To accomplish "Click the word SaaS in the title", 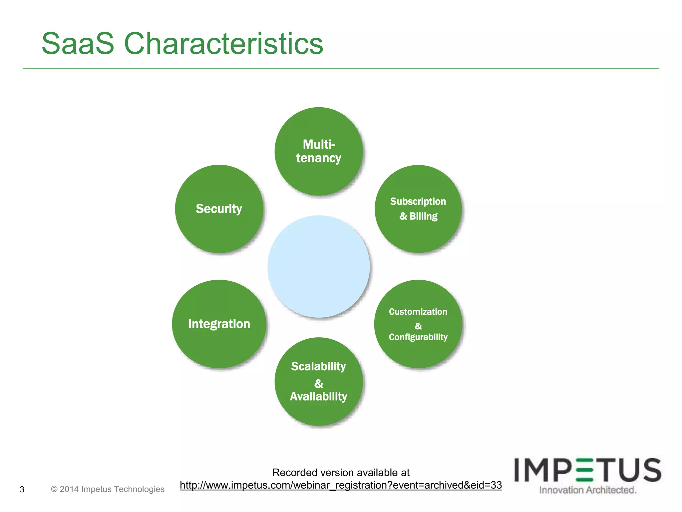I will click(x=78, y=44).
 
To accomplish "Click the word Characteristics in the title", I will click(x=223, y=44).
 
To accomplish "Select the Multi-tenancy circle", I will click(x=319, y=151).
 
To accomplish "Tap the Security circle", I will click(x=219, y=209).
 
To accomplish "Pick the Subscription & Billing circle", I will click(x=418, y=209).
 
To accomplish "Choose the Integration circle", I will click(x=219, y=324).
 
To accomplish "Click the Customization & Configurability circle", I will click(x=418, y=324).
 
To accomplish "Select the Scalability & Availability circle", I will click(x=319, y=381).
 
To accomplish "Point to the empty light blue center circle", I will click(x=319, y=266).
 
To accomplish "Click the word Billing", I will click(x=423, y=216).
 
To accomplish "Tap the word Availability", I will click(x=319, y=397).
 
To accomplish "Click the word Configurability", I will click(x=418, y=337).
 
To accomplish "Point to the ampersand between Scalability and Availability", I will click(x=319, y=384).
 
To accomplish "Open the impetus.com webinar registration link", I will click(x=341, y=485).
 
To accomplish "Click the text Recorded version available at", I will click(x=341, y=473).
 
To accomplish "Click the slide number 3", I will click(x=22, y=489).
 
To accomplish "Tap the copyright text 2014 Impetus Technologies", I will click(x=108, y=489).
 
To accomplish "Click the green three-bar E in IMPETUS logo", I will click(x=584, y=470).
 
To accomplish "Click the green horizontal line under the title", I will click(x=341, y=68).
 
